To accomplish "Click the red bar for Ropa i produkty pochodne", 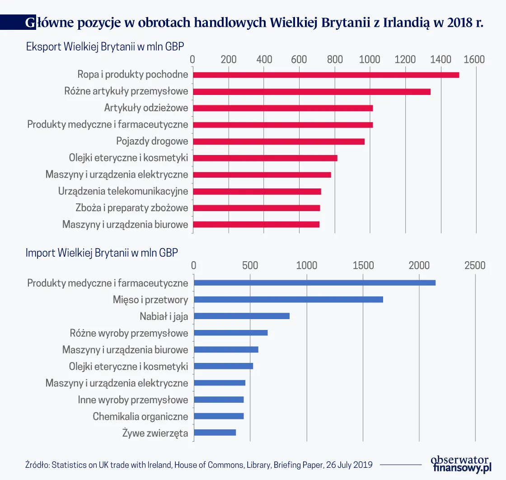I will point(326,75).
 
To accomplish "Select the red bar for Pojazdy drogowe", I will point(279,141).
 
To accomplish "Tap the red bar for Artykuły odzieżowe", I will point(283,108).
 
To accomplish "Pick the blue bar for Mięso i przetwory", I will point(288,299).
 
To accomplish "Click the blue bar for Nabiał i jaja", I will point(242,316).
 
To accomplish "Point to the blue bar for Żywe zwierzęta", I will point(215,433).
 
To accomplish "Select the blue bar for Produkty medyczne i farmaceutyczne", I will point(314,282).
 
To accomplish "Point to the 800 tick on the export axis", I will point(335,60).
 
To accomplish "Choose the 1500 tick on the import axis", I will point(363,265).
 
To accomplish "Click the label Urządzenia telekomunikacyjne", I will point(123,191).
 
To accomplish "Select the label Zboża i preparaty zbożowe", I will point(131,208).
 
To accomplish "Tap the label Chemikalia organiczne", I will point(140,416).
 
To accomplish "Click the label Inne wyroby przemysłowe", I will point(133,400).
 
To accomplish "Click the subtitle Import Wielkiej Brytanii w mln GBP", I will point(102,253).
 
